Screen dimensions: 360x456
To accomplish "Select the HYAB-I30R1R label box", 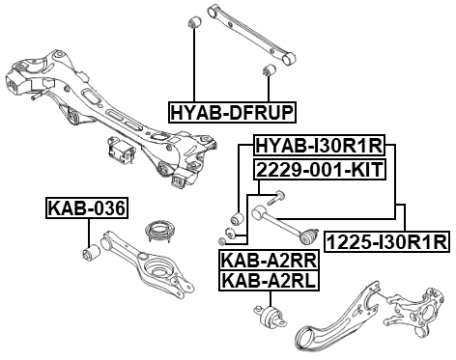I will (x=319, y=146).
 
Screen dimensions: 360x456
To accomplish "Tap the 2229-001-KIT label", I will (x=319, y=170).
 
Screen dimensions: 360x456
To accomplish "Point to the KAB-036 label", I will (x=87, y=208).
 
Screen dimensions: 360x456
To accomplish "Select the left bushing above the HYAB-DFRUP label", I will (x=195, y=20).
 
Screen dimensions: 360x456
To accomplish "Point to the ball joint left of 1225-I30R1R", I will (x=313, y=235).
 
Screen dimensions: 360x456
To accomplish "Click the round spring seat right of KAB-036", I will (x=155, y=234).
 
